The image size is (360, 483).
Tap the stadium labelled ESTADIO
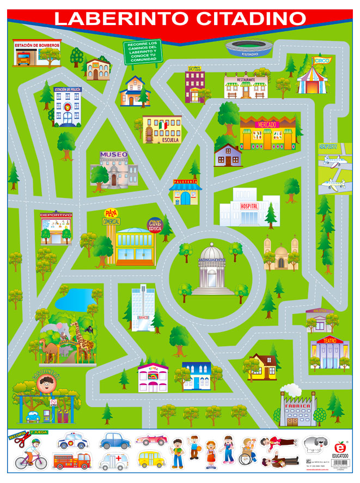point(249,48)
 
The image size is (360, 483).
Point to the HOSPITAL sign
point(246,207)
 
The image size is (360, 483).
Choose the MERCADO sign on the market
point(267,125)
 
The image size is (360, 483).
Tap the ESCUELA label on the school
point(170,140)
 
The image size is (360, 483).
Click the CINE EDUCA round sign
point(155,225)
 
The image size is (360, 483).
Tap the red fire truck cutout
point(72,461)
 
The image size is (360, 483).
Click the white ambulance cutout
point(114,461)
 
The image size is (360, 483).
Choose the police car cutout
point(72,439)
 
